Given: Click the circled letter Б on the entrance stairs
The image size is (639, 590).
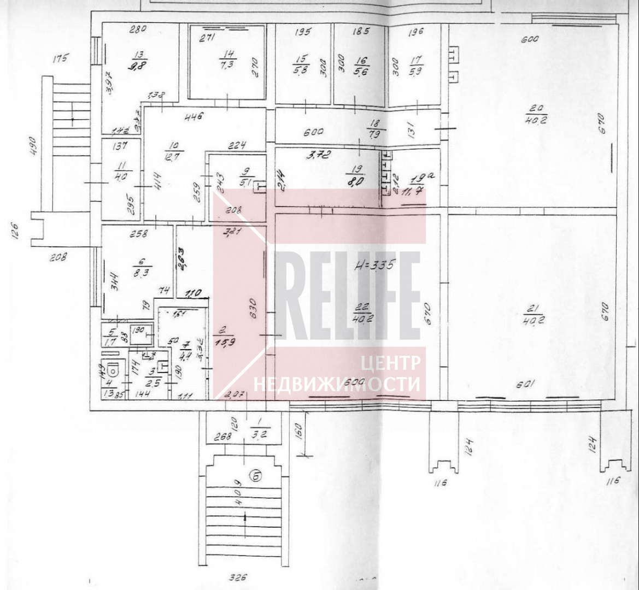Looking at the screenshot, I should tap(254, 476).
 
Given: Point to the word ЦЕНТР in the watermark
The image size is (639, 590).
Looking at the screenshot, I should tap(391, 362).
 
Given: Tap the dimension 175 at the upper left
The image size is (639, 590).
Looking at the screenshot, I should tap(62, 58).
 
